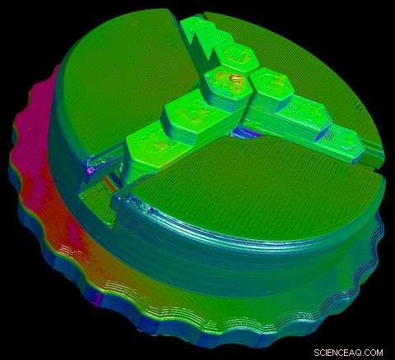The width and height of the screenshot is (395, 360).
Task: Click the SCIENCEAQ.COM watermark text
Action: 346,349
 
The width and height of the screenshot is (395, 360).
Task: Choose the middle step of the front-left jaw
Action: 188,113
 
